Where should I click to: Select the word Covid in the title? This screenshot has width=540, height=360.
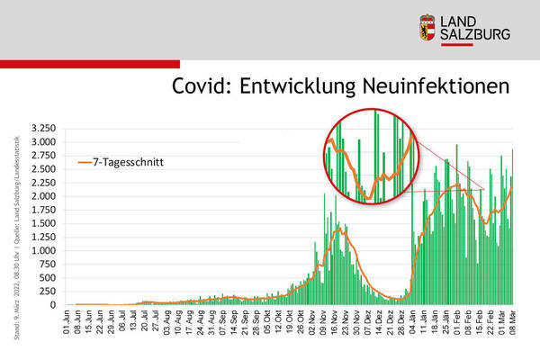[202, 86]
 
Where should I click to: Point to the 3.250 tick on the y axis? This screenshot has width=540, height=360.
[43, 129]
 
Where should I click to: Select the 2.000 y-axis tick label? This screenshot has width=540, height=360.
[43, 196]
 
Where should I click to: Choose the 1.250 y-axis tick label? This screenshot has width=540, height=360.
[43, 237]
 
